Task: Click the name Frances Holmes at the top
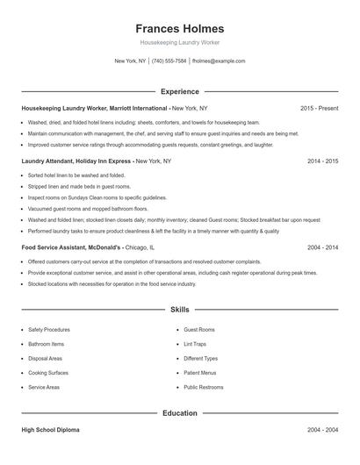tap(180, 28)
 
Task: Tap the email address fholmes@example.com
tap(218, 61)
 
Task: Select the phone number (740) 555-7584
tap(169, 61)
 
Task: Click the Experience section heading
tap(180, 91)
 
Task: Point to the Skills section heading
tap(180, 310)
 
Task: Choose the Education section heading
tap(180, 412)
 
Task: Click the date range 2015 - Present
tap(319, 108)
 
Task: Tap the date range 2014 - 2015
tap(322, 161)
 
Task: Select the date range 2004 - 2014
tap(322, 247)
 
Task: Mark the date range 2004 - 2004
tap(322, 430)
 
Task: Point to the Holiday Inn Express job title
tap(76, 161)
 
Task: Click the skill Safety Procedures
tap(49, 329)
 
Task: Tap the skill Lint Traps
tap(195, 344)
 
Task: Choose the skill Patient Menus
tap(199, 373)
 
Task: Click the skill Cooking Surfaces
tap(47, 373)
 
